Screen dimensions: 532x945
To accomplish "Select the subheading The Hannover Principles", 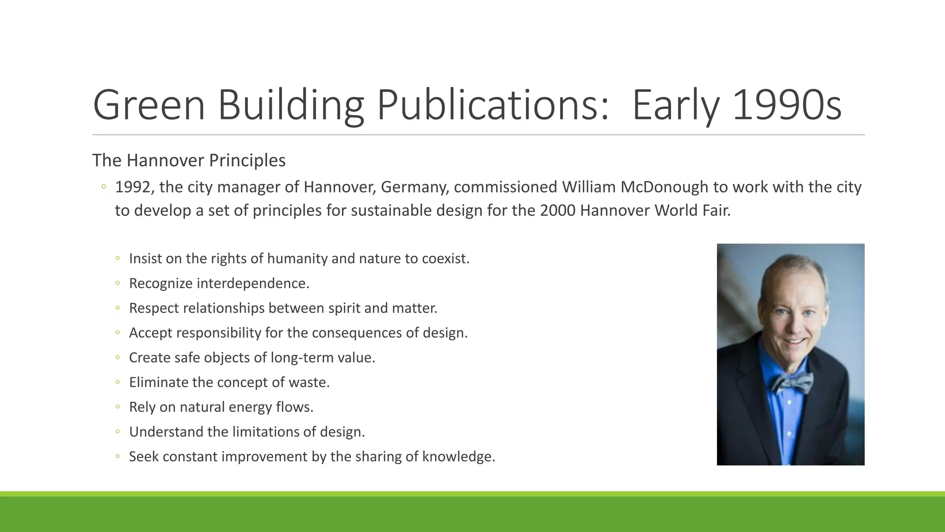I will point(189,160).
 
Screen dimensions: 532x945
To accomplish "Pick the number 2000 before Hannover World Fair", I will point(557,211).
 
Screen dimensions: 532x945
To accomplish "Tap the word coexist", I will point(445,259).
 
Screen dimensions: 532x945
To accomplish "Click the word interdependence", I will point(252,283).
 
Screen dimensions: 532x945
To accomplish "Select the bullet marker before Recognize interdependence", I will point(118,283).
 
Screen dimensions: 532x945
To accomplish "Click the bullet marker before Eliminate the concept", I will point(118,382).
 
